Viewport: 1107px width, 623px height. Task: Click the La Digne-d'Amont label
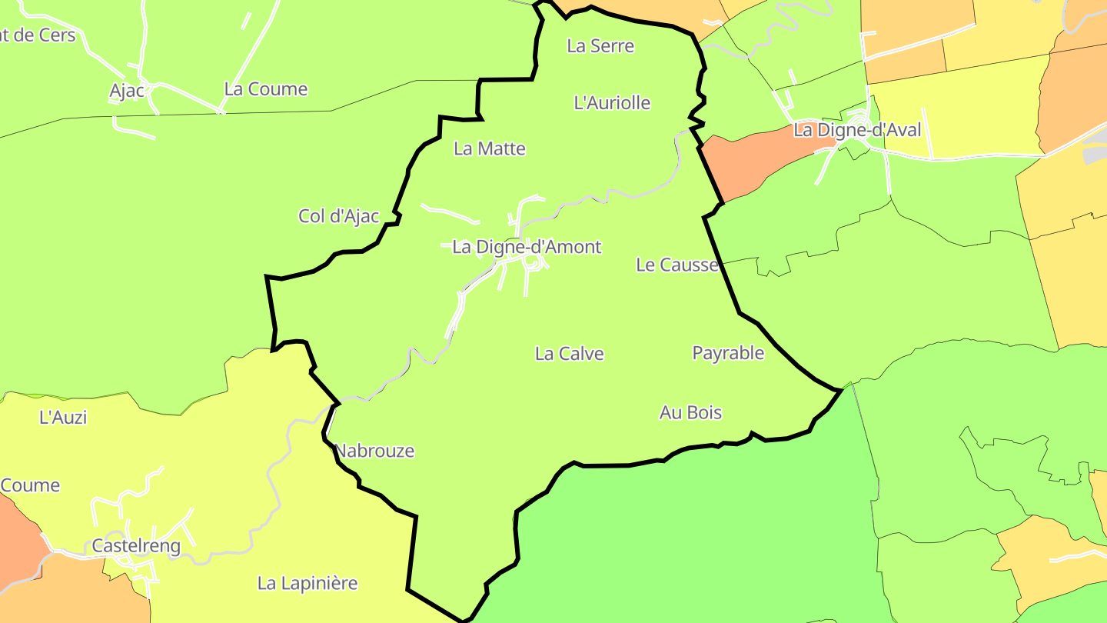527,247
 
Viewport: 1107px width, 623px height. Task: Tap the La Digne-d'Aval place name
856,130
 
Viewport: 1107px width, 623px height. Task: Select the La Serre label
600,45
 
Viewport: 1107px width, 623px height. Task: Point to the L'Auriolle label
612,102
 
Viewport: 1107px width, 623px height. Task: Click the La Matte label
490,148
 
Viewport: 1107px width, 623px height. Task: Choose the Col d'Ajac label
339,216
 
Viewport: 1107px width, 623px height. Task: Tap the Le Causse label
677,265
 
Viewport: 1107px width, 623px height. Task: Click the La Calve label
569,354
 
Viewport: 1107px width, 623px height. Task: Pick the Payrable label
728,353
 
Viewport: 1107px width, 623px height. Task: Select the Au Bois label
690,413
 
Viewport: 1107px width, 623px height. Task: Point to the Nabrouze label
375,451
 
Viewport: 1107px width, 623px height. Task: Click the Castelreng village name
136,547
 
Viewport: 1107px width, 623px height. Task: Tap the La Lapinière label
307,583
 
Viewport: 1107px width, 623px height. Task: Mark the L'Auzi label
63,418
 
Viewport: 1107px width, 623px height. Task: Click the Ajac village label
127,91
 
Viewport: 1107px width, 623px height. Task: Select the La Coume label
266,89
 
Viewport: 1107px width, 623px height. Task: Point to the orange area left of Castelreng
17,538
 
